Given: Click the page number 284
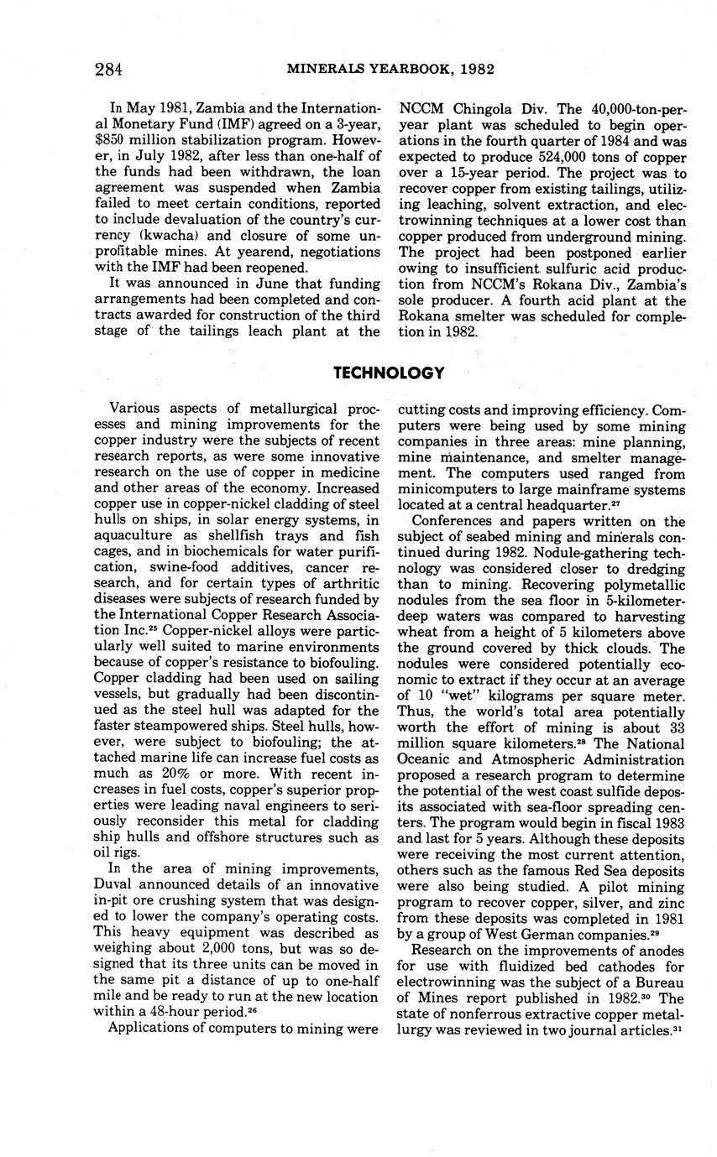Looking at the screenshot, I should point(108,69).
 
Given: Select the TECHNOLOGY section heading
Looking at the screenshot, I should point(389,373).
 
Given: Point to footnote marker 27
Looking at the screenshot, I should point(615,504).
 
